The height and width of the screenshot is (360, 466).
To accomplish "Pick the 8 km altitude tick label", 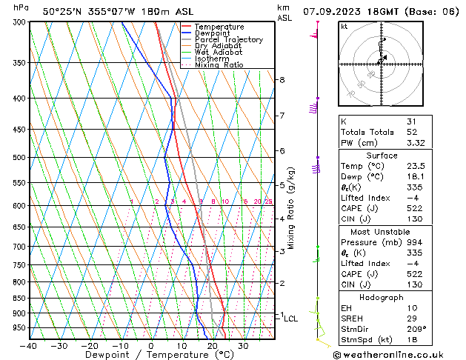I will (282, 79).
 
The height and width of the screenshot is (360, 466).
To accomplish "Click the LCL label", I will (291, 319).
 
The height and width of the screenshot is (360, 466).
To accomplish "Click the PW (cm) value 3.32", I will (416, 143).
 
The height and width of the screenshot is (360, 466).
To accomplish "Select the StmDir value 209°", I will (416, 329).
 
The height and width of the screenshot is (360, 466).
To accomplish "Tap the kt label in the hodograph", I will (344, 26).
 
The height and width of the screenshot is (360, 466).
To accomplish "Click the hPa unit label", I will (21, 8).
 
